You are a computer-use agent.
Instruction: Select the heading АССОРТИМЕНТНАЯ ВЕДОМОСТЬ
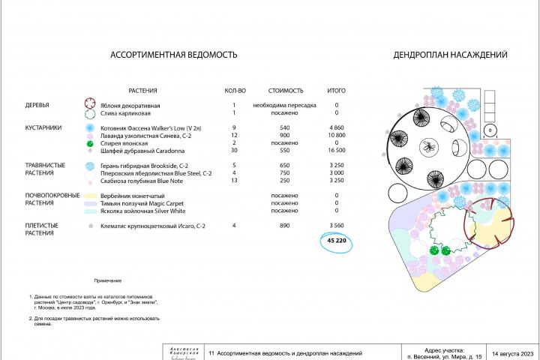pyautogui.click(x=174, y=55)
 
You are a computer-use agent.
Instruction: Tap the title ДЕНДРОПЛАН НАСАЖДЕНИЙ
pyautogui.click(x=451, y=55)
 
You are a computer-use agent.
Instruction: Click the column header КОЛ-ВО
pyautogui.click(x=235, y=90)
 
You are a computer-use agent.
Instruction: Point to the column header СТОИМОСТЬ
pyautogui.click(x=284, y=90)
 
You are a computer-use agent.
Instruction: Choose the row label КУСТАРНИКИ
pyautogui.click(x=44, y=128)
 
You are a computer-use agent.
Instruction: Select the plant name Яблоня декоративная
pyautogui.click(x=130, y=106)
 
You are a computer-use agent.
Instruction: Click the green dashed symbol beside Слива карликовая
pyautogui.click(x=90, y=114)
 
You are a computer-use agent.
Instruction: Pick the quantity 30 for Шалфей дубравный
pyautogui.click(x=235, y=150)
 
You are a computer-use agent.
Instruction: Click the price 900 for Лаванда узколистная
pyautogui.click(x=284, y=135)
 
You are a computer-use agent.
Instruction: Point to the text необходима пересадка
pyautogui.click(x=284, y=106)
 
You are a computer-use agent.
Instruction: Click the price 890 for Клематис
pyautogui.click(x=284, y=225)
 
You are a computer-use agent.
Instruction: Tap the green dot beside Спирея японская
pyautogui.click(x=90, y=142)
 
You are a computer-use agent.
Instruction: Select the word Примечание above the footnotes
pyautogui.click(x=108, y=280)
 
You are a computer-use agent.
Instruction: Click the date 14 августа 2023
pyautogui.click(x=512, y=352)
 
